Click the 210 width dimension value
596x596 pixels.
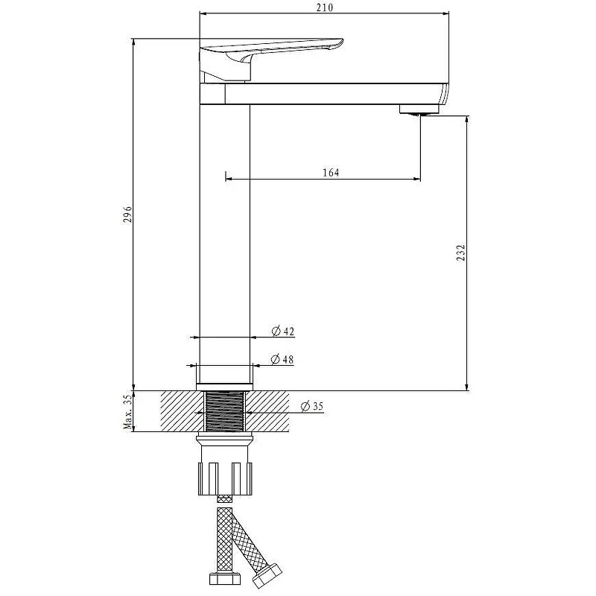point(324,7)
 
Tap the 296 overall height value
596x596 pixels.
point(127,215)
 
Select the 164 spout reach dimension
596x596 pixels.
point(331,173)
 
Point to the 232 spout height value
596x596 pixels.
point(460,253)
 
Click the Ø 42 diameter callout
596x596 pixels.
point(283,331)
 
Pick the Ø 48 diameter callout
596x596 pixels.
point(282,359)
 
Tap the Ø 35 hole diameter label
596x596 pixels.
point(312,406)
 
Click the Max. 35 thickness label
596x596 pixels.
point(128,412)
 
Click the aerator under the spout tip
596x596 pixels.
point(419,110)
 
